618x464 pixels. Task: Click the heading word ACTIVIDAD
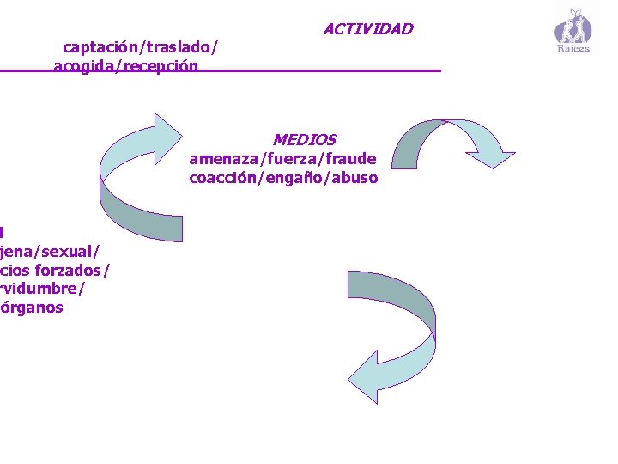tap(367, 29)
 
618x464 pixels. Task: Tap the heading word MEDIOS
tap(304, 139)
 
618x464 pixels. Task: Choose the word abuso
tap(355, 178)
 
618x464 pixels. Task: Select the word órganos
tap(33, 307)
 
